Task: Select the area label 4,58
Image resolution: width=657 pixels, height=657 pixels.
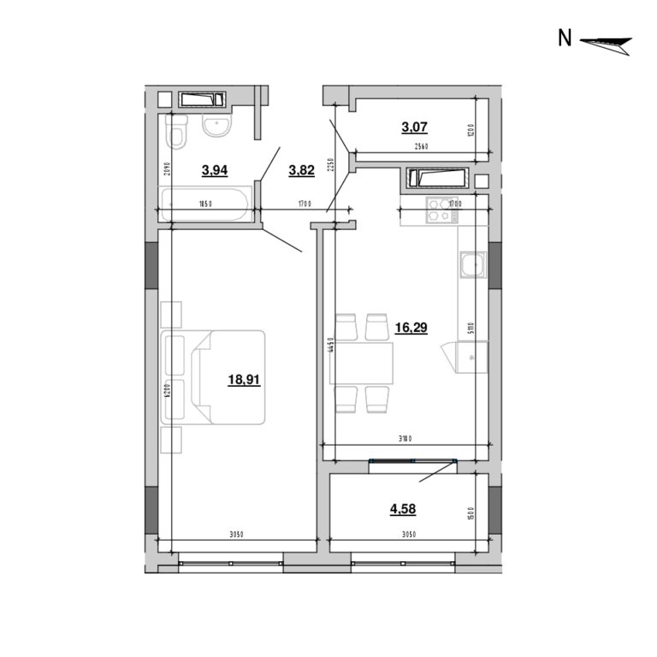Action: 403,509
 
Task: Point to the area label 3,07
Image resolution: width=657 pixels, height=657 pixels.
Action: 414,127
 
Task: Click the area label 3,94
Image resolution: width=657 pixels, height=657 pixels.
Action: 214,170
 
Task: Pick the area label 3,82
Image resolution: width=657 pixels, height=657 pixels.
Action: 301,170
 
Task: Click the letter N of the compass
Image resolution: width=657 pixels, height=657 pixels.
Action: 565,38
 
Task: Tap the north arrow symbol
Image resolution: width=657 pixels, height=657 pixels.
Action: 606,43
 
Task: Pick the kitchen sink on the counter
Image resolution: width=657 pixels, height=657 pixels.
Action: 471,267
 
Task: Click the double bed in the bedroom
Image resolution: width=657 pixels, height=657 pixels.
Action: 219,376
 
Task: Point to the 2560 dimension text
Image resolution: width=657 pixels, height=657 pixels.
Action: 421,147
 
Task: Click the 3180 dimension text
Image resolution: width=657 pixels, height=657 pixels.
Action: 405,439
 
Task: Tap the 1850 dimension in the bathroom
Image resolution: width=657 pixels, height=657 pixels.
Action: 204,204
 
